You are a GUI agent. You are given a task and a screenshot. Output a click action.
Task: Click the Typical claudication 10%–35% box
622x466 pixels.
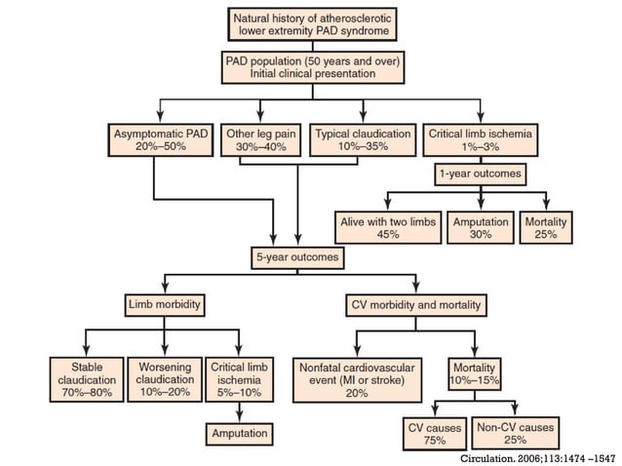coord(364,139)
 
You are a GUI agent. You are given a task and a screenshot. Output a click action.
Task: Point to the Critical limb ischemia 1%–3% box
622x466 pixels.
coord(479,139)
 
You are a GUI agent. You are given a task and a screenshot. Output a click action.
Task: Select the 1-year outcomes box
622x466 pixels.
coord(479,175)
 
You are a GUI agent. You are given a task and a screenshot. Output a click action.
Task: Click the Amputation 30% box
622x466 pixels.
coord(481,229)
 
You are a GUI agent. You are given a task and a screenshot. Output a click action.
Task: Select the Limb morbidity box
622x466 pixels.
coord(163,305)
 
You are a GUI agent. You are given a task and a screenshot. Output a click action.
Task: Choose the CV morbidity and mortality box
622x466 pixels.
coord(415,305)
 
